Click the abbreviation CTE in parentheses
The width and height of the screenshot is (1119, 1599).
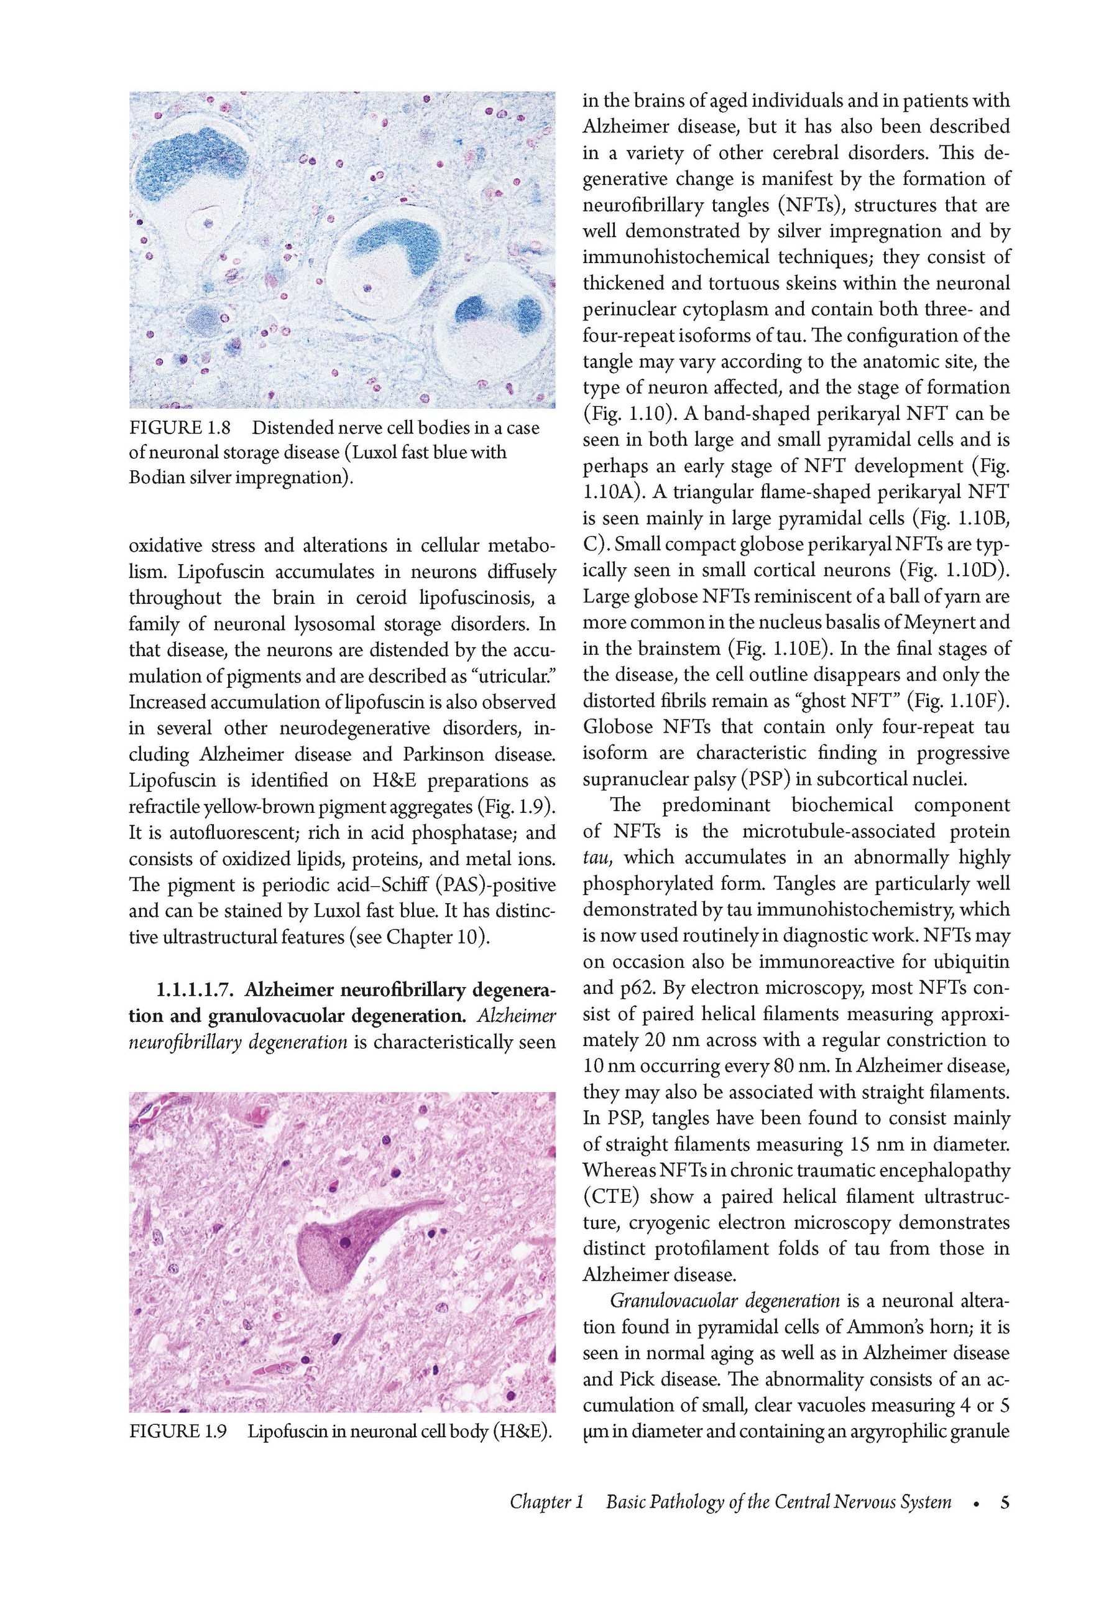[x=610, y=1197]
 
